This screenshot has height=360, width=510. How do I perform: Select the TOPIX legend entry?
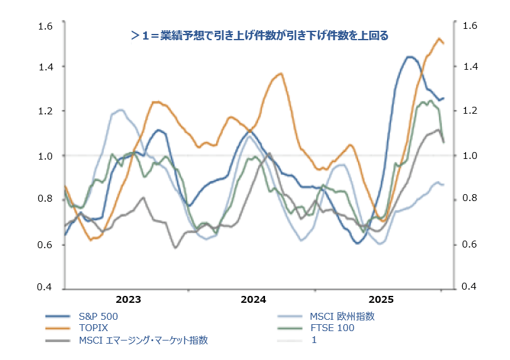pyautogui.click(x=94, y=328)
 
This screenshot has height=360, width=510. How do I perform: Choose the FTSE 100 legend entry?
pyautogui.click(x=333, y=328)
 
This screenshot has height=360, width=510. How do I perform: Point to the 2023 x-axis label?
pyautogui.click(x=128, y=299)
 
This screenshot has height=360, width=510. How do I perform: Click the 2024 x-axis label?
pyautogui.click(x=253, y=299)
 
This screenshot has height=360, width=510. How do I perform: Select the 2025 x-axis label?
pyautogui.click(x=381, y=299)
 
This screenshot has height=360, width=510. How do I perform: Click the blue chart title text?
pyautogui.click(x=259, y=36)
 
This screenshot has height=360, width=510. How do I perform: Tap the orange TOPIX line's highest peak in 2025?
pyautogui.click(x=439, y=38)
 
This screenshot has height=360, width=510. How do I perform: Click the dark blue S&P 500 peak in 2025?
pyautogui.click(x=410, y=57)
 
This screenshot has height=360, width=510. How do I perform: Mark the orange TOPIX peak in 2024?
pyautogui.click(x=280, y=74)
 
